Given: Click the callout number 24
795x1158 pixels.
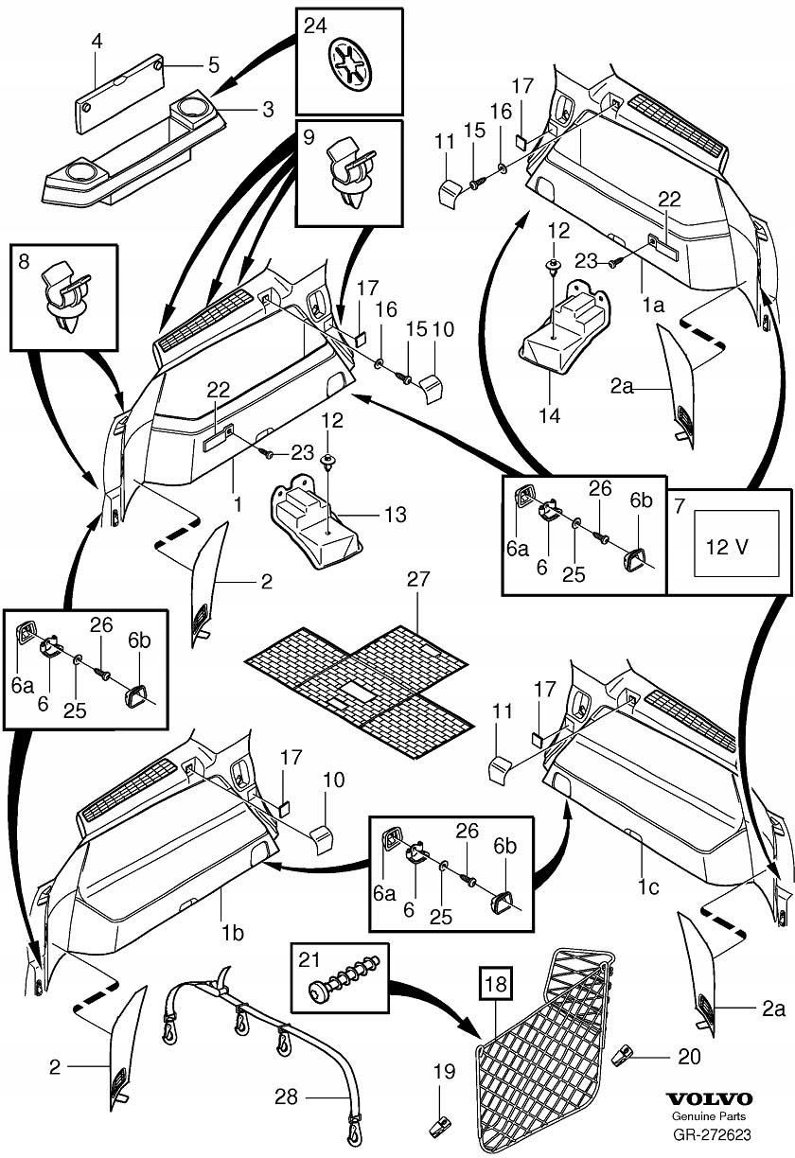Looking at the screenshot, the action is coord(315,26).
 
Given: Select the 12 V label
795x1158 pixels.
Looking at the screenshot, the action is coord(727,547).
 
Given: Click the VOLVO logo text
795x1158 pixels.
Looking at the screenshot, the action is coord(708,1113).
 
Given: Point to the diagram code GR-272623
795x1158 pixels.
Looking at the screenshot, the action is coord(711,1149).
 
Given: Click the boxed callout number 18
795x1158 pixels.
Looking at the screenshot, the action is coord(496,983).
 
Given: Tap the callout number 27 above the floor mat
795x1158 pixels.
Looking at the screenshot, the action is coord(418,579).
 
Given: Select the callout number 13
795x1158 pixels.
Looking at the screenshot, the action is coord(396,515).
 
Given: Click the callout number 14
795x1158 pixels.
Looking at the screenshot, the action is coord(549,415).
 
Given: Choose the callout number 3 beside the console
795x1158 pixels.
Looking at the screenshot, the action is coord(268,110).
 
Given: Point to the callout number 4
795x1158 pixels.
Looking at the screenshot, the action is coord(97,41).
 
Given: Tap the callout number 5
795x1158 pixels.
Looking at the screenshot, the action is coord(214,65).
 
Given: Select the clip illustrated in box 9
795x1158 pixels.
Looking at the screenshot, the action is coord(350,173).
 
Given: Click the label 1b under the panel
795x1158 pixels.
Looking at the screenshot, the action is coord(232,934).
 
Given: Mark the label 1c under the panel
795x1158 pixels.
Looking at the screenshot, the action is coord(647,887).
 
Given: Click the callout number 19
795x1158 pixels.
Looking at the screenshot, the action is coord(444,1072).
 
